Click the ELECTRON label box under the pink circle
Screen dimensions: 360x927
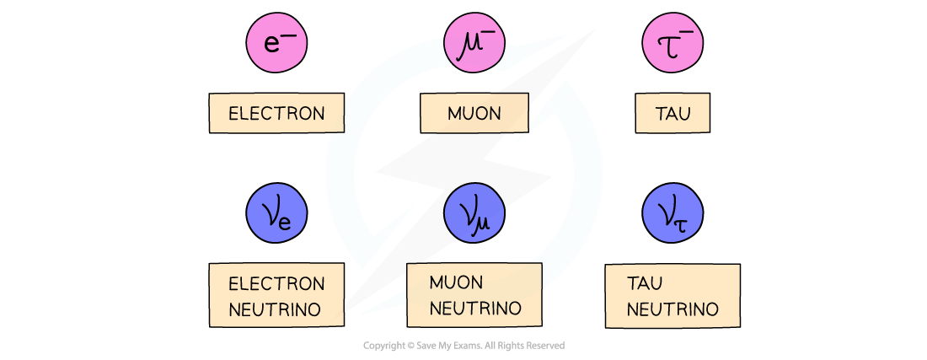(x=276, y=113)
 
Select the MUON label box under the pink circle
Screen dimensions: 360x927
(x=474, y=113)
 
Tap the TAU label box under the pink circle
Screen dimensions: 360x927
(x=672, y=113)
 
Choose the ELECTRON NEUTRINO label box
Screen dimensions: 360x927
(x=276, y=296)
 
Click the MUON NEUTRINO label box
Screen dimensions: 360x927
(x=474, y=295)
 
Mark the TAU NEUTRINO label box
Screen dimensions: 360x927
(x=672, y=296)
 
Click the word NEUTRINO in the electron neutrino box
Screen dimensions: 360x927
(x=275, y=309)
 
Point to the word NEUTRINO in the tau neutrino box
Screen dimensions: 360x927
(x=672, y=309)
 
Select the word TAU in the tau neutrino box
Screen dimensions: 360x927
(x=645, y=282)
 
